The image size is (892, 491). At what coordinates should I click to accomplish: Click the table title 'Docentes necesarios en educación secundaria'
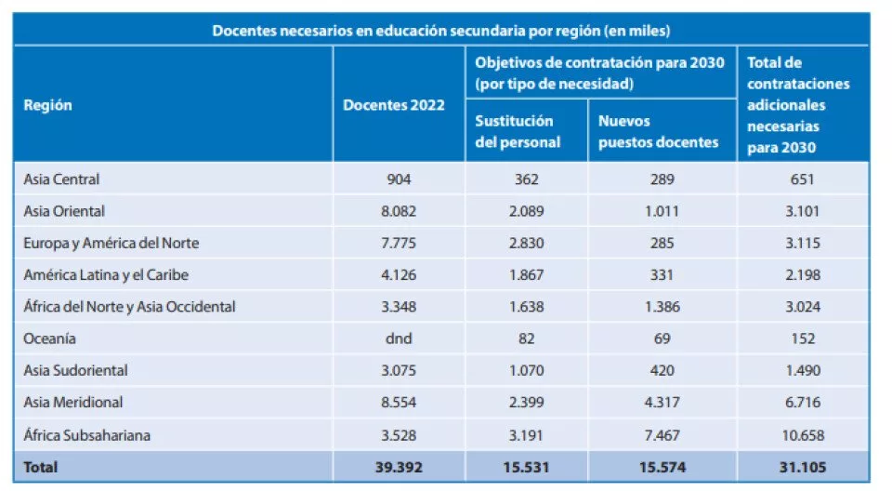point(441,30)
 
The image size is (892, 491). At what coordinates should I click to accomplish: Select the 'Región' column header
point(47,105)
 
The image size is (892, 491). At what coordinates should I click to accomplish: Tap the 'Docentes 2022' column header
point(394,105)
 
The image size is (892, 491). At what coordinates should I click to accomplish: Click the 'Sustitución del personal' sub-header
point(518,131)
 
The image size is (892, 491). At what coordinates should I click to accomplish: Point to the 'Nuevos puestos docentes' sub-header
point(658,131)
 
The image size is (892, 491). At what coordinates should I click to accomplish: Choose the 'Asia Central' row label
point(61,179)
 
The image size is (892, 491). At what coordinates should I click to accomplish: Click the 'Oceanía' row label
point(50,338)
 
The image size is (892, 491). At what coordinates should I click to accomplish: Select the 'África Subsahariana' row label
point(86,434)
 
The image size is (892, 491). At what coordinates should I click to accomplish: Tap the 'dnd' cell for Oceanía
point(400,338)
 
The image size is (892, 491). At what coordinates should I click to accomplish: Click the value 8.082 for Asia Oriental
point(400,211)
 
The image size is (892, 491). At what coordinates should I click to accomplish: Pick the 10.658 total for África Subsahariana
point(803,434)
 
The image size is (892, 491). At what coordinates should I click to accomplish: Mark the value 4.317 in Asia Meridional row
point(662,403)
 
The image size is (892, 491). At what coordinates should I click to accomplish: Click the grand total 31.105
point(803,467)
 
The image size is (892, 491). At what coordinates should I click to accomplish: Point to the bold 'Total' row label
point(40,467)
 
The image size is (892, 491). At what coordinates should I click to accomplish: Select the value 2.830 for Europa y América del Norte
point(526,244)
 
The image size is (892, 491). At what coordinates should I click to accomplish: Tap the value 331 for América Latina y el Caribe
point(662,275)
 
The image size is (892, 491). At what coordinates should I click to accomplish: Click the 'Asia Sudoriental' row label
point(75,370)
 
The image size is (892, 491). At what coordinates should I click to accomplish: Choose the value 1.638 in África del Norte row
point(526,307)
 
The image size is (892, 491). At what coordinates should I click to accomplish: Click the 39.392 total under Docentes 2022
point(400,467)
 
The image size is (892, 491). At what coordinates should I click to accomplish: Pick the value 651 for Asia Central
point(803,179)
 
